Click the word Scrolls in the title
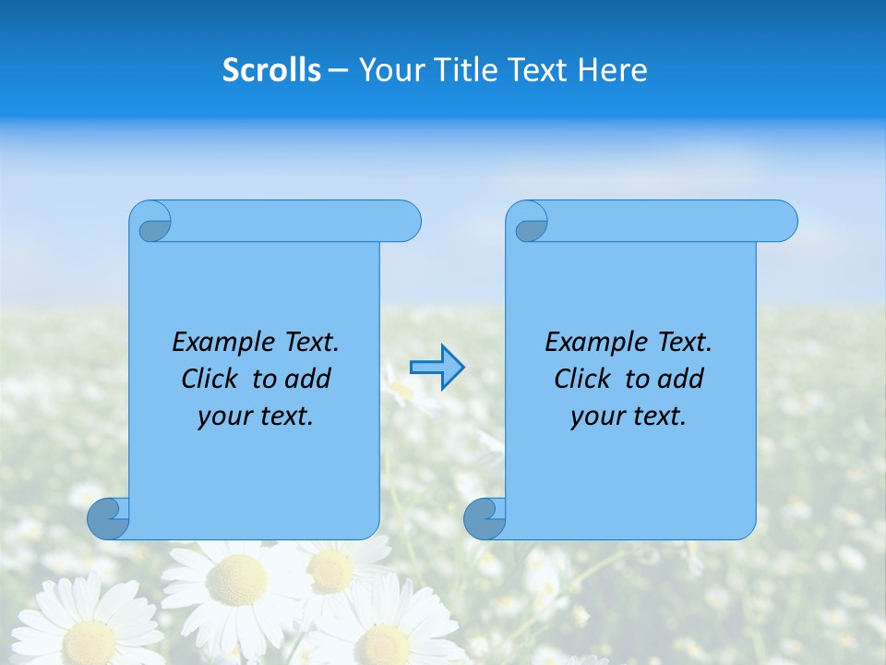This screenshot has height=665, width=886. coord(271,69)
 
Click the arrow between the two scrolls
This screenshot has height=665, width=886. coord(437,368)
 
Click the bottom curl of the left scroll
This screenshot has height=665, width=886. coord(108,518)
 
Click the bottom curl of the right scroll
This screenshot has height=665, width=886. coord(485,518)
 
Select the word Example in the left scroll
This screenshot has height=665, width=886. coord(221,343)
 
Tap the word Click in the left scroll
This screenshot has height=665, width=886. coord(210,379)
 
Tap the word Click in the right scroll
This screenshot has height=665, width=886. coord(582,379)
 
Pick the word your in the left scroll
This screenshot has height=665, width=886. coord(222,417)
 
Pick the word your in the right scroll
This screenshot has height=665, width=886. coord(595,417)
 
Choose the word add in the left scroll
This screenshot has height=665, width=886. coord(308,379)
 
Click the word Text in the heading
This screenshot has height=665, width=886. coord(534,69)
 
